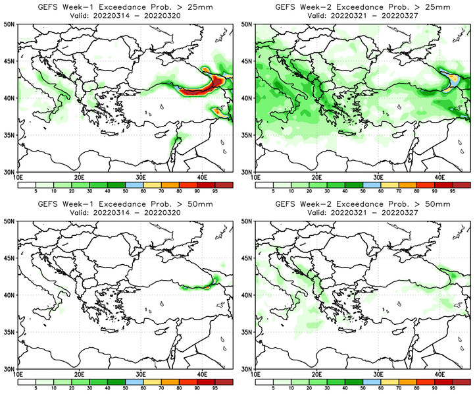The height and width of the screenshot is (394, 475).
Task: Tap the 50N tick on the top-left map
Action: coord(11,24)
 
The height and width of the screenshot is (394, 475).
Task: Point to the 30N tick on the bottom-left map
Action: coord(11,369)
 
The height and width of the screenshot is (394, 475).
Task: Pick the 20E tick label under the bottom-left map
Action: coord(80,375)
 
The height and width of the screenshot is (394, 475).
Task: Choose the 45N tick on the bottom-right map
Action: coord(247,258)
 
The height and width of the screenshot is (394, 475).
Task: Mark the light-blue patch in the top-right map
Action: coord(455,81)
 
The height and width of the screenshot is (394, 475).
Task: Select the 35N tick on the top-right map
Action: coord(247,135)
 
